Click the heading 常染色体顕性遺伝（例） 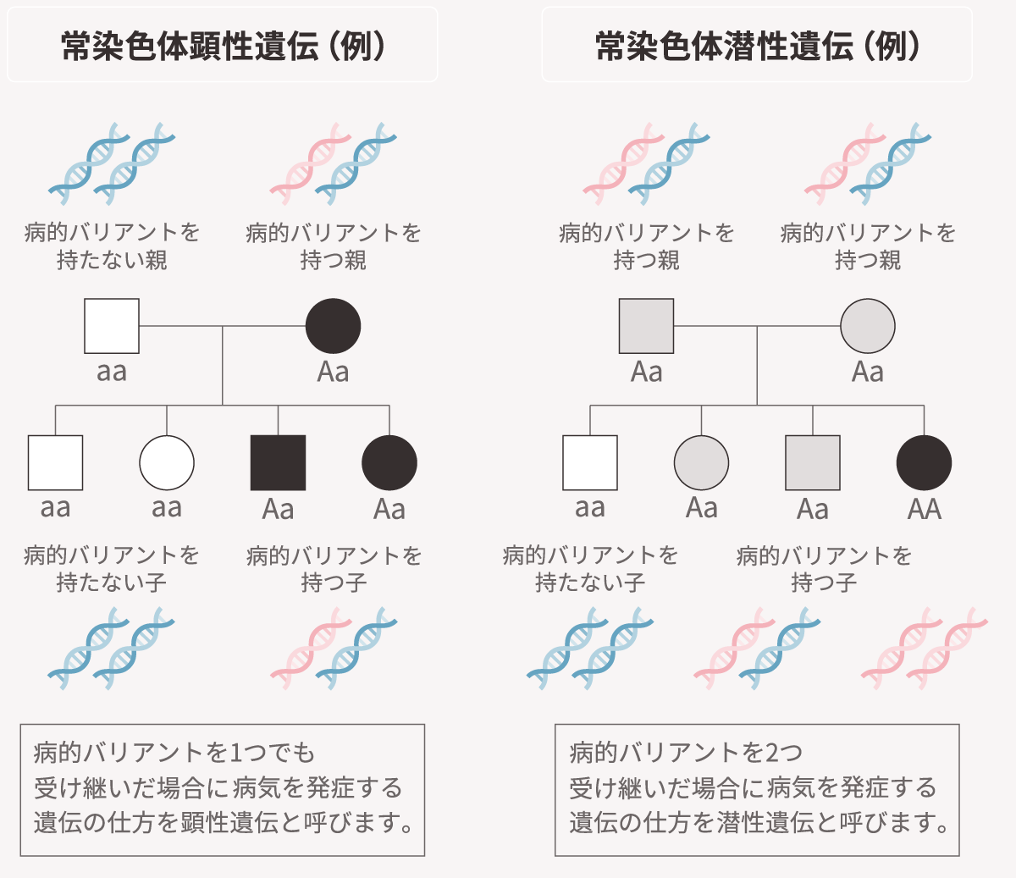click(223, 46)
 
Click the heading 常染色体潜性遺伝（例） click(757, 46)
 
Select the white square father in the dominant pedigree click(112, 326)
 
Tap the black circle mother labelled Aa click(333, 326)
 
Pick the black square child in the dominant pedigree click(278, 462)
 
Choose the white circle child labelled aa click(167, 462)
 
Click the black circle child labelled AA click(924, 462)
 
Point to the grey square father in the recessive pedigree click(647, 326)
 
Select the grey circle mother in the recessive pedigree click(867, 326)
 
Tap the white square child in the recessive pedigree click(590, 462)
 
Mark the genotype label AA click(924, 509)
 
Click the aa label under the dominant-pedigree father click(112, 372)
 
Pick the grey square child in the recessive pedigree click(813, 462)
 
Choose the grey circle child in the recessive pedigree click(701, 462)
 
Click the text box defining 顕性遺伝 click(223, 789)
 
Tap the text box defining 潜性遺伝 click(757, 789)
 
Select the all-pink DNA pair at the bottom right click(925, 648)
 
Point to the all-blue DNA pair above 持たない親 click(112, 163)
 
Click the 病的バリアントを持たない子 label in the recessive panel click(590, 568)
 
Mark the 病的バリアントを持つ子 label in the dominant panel click(334, 568)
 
